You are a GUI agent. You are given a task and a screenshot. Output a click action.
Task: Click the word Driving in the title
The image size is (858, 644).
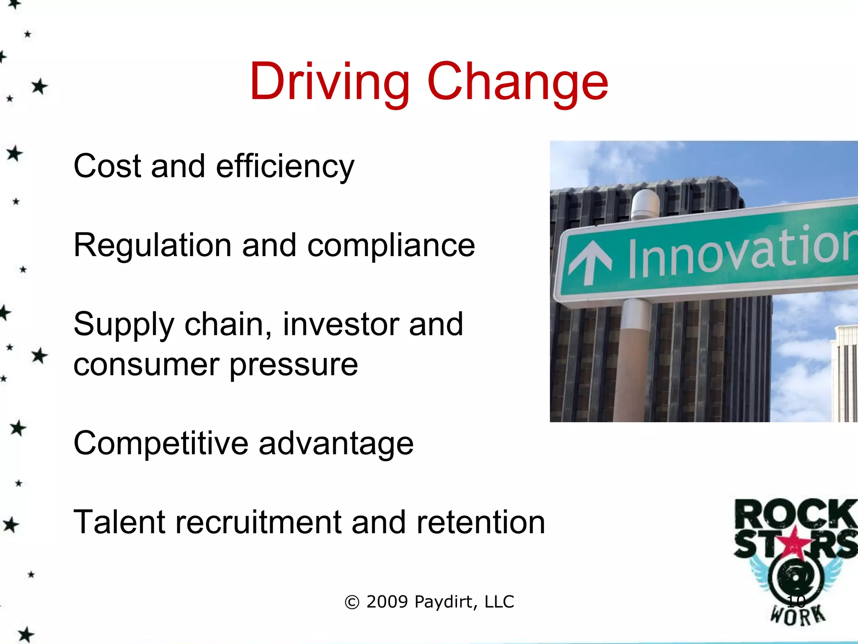click(329, 82)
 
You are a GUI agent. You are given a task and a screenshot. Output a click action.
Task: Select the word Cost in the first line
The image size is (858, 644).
click(107, 166)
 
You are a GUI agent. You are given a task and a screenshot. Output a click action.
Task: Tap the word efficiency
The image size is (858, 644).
click(285, 167)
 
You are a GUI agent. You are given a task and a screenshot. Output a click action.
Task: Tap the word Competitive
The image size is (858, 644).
click(161, 443)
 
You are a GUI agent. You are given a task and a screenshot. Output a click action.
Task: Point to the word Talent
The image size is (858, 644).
click(119, 522)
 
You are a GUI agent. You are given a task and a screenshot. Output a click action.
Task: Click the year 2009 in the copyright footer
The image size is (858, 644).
click(387, 602)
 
